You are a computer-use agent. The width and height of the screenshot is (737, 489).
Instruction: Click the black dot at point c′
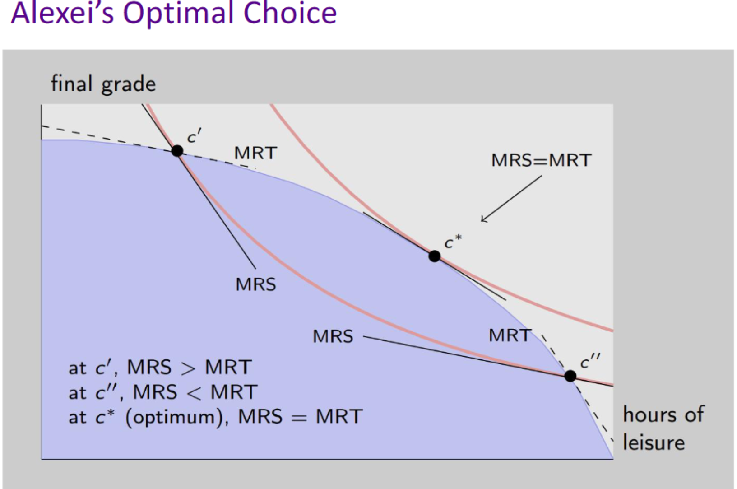coord(177,151)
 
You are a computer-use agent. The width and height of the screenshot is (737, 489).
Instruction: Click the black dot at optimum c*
coord(434,256)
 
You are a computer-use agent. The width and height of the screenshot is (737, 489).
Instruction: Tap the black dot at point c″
coord(570,376)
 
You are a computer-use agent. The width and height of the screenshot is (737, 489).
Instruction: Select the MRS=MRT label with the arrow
coord(541,160)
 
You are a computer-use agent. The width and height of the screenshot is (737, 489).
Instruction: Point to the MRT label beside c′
coord(255,153)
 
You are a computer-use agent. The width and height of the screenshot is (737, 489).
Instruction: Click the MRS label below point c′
coord(255,284)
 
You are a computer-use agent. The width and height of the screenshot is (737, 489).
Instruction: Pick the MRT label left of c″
coord(510,335)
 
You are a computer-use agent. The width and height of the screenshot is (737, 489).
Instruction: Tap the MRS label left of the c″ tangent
coord(333,336)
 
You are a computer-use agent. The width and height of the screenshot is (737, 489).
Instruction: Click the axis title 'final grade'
coord(103,84)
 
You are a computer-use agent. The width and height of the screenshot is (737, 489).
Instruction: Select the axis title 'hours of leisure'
coord(663,428)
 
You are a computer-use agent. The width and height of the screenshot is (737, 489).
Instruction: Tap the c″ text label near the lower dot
coord(590,361)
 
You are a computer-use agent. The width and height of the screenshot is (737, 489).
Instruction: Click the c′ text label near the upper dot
coord(194,135)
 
